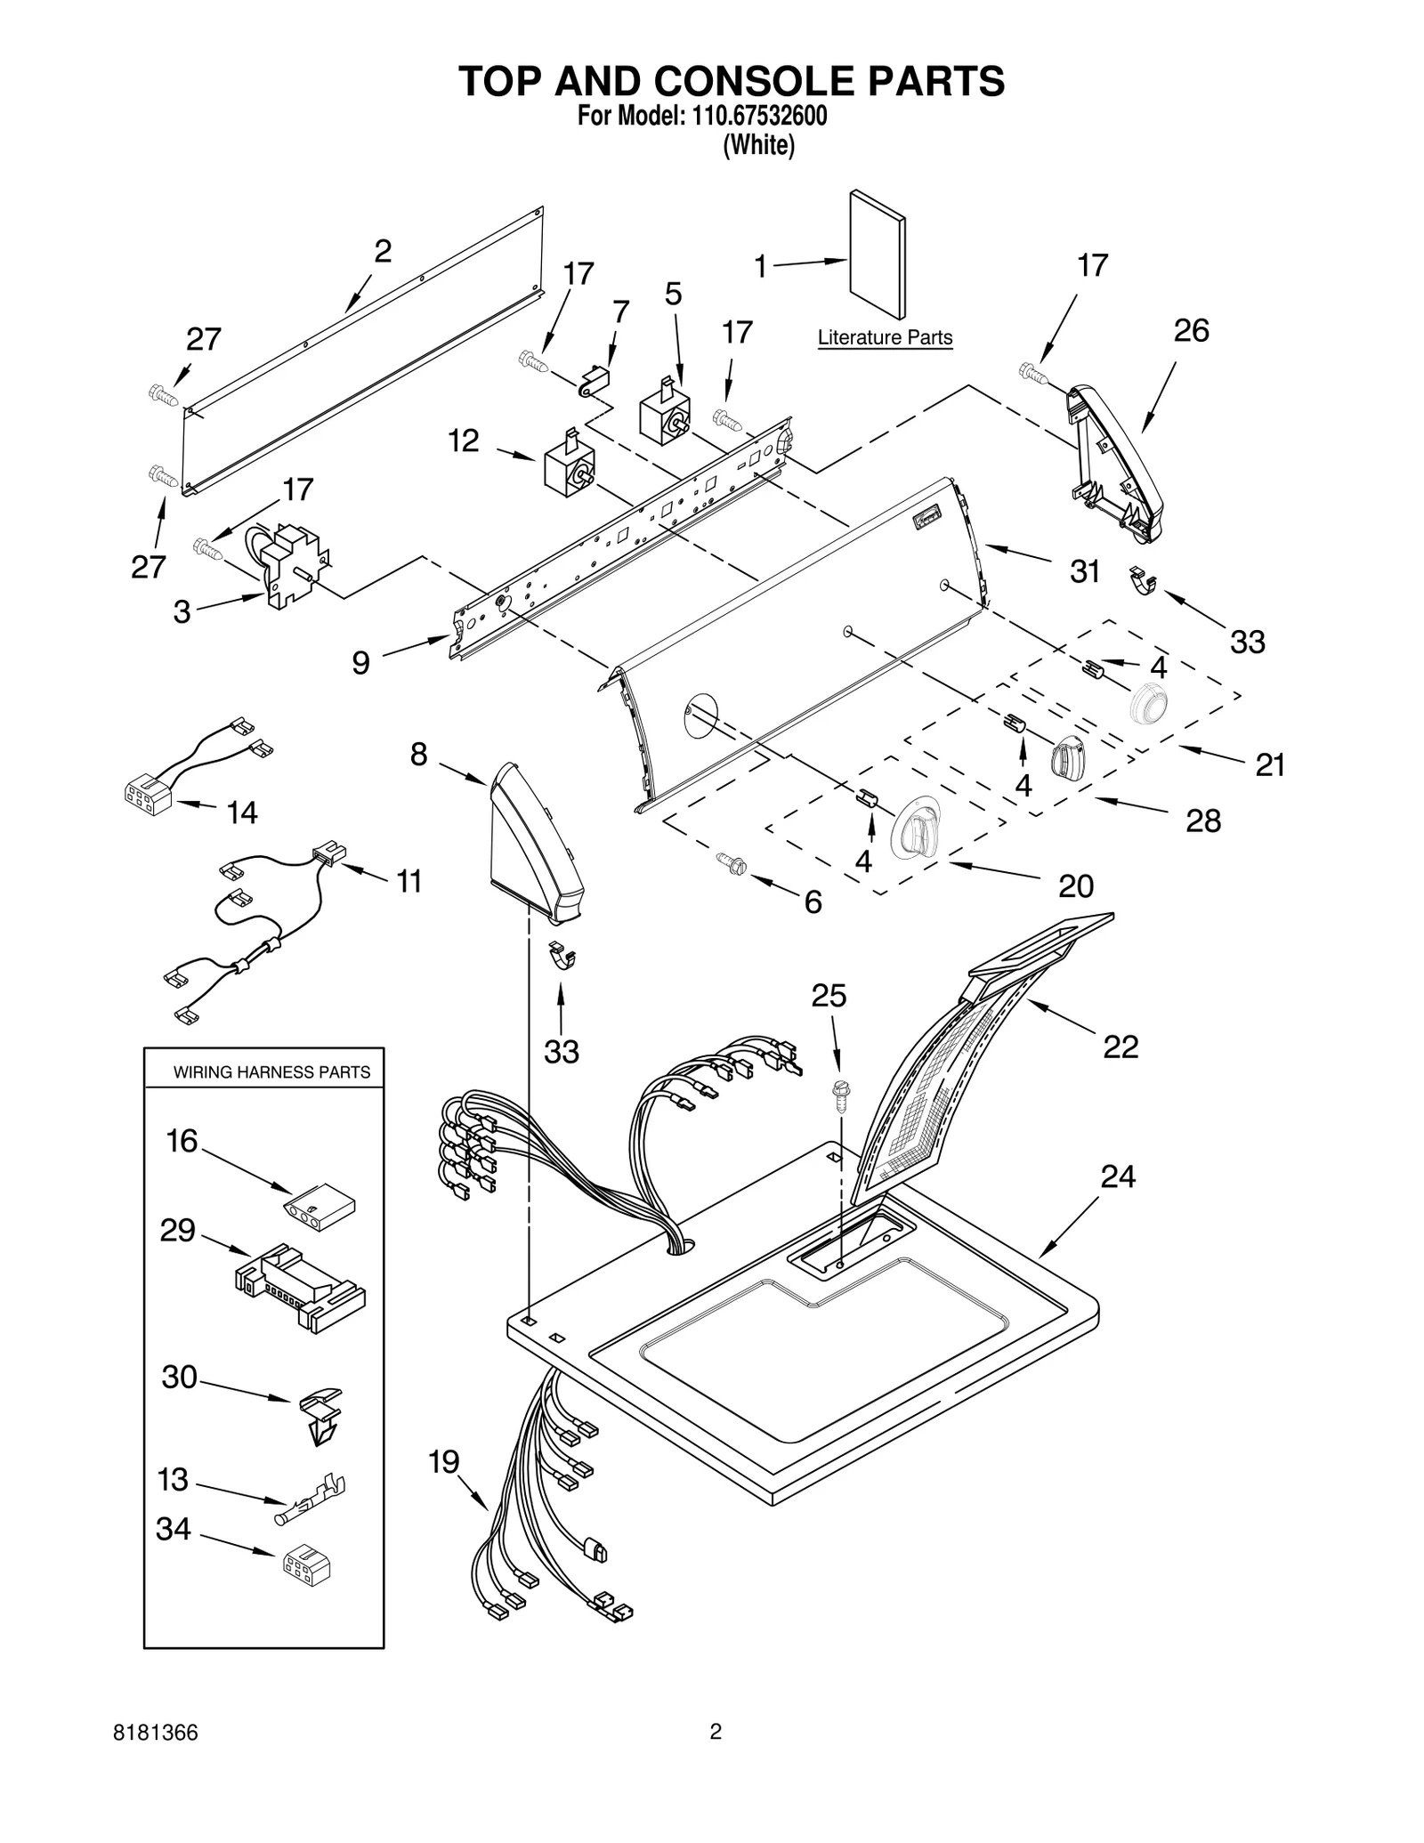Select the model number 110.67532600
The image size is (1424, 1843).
click(755, 117)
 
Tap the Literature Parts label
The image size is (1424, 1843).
click(885, 338)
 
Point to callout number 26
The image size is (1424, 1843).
click(1191, 331)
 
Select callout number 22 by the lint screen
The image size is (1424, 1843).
click(1121, 1047)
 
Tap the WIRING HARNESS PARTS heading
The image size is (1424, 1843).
click(271, 1072)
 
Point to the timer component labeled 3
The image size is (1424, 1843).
click(292, 564)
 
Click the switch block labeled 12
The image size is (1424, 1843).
click(569, 466)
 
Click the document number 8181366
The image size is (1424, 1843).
click(156, 1758)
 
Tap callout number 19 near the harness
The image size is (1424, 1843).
click(443, 1462)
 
